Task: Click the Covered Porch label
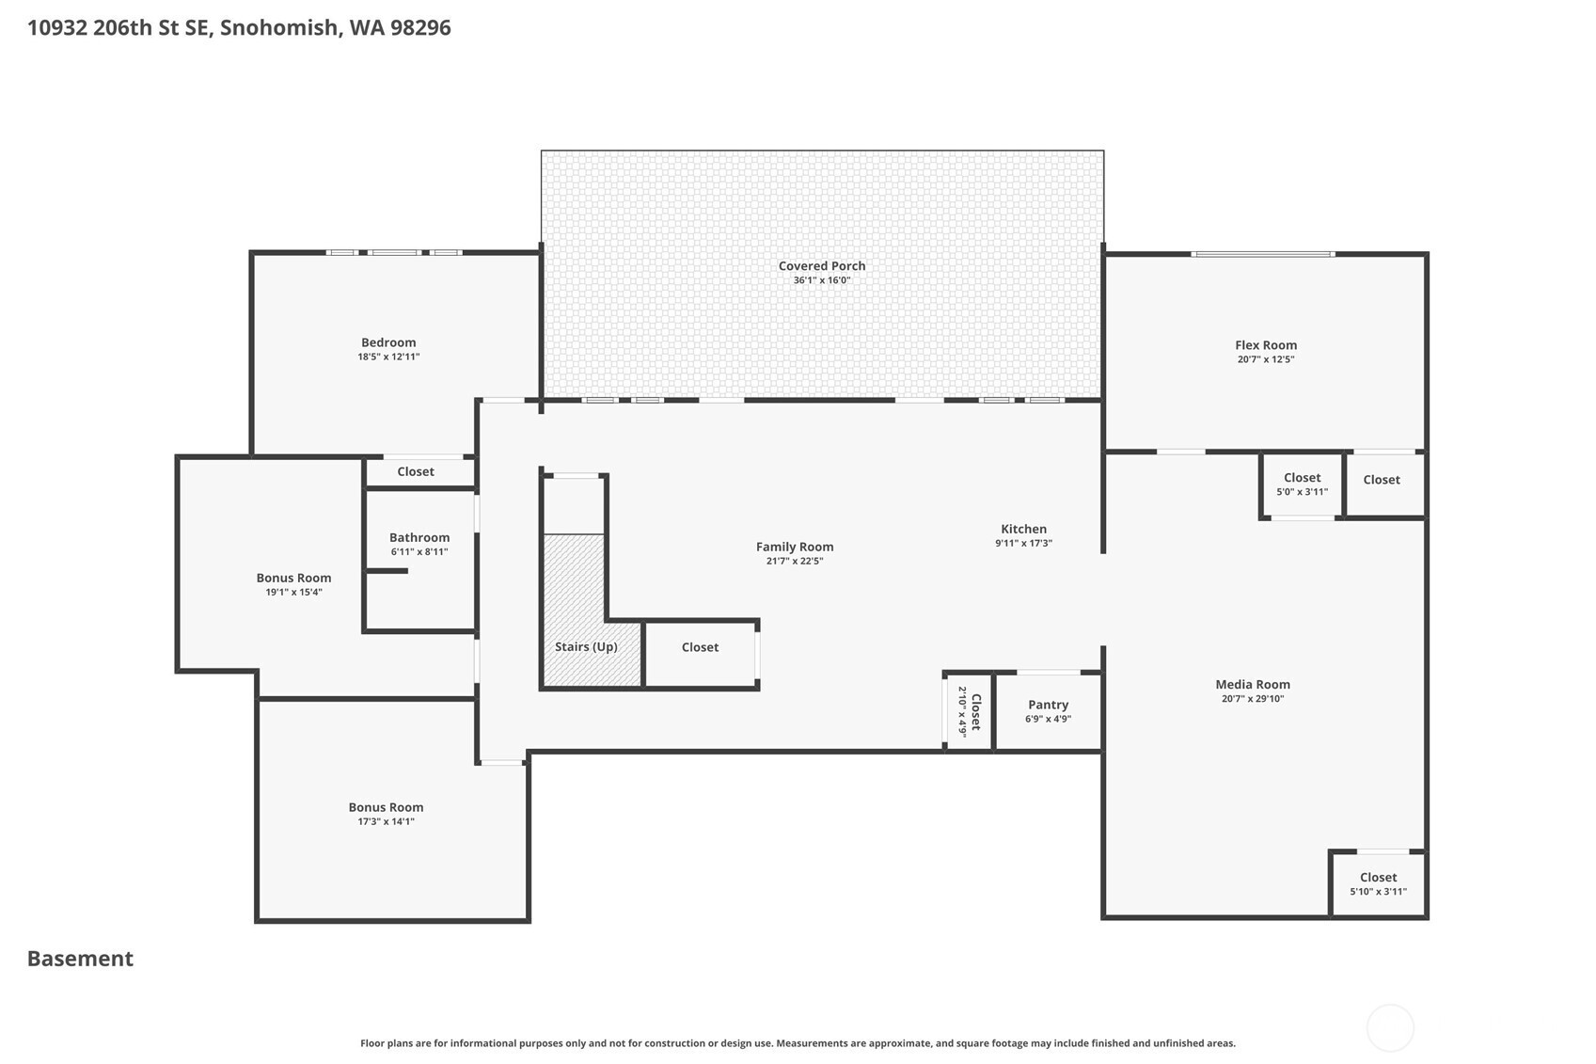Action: pyautogui.click(x=822, y=266)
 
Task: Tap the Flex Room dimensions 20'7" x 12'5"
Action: pyautogui.click(x=1265, y=359)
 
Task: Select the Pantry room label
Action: pyautogui.click(x=1048, y=705)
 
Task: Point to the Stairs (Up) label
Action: pyautogui.click(x=586, y=646)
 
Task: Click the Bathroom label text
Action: pyautogui.click(x=419, y=537)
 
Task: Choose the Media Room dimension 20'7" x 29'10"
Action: pyautogui.click(x=1252, y=698)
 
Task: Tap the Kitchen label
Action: pyautogui.click(x=1023, y=529)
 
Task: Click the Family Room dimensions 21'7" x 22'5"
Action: pyautogui.click(x=795, y=561)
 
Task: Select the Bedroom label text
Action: pyautogui.click(x=388, y=342)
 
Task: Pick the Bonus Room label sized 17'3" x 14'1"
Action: pyautogui.click(x=386, y=807)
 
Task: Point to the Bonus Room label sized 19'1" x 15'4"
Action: pyautogui.click(x=293, y=578)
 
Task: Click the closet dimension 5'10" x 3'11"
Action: pyautogui.click(x=1378, y=892)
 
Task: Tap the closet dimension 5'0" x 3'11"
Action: pyautogui.click(x=1302, y=492)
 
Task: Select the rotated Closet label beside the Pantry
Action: pyautogui.click(x=976, y=711)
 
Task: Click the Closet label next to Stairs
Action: pyautogui.click(x=700, y=647)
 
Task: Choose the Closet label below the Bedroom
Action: pyautogui.click(x=416, y=471)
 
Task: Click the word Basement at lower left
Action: pyautogui.click(x=80, y=959)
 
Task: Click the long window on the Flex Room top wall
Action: pyautogui.click(x=1262, y=254)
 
